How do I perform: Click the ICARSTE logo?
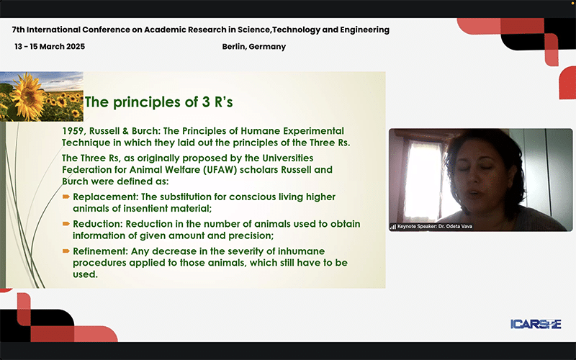pos(536,324)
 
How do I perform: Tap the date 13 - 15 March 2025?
pos(50,47)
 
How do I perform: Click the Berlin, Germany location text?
pos(254,47)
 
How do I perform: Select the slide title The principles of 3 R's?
pos(158,102)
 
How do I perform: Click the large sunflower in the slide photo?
pos(27,96)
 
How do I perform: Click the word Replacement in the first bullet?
pos(105,197)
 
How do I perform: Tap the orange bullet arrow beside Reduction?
pos(66,224)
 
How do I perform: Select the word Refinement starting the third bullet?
pos(100,251)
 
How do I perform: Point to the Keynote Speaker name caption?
pos(435,226)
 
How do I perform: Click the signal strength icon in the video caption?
pos(393,227)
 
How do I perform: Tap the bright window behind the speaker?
pos(423,180)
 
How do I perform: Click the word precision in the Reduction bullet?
pos(251,236)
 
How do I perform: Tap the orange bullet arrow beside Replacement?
pos(66,197)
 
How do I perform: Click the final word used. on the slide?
pos(85,274)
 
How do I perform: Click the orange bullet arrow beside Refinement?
pos(66,251)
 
